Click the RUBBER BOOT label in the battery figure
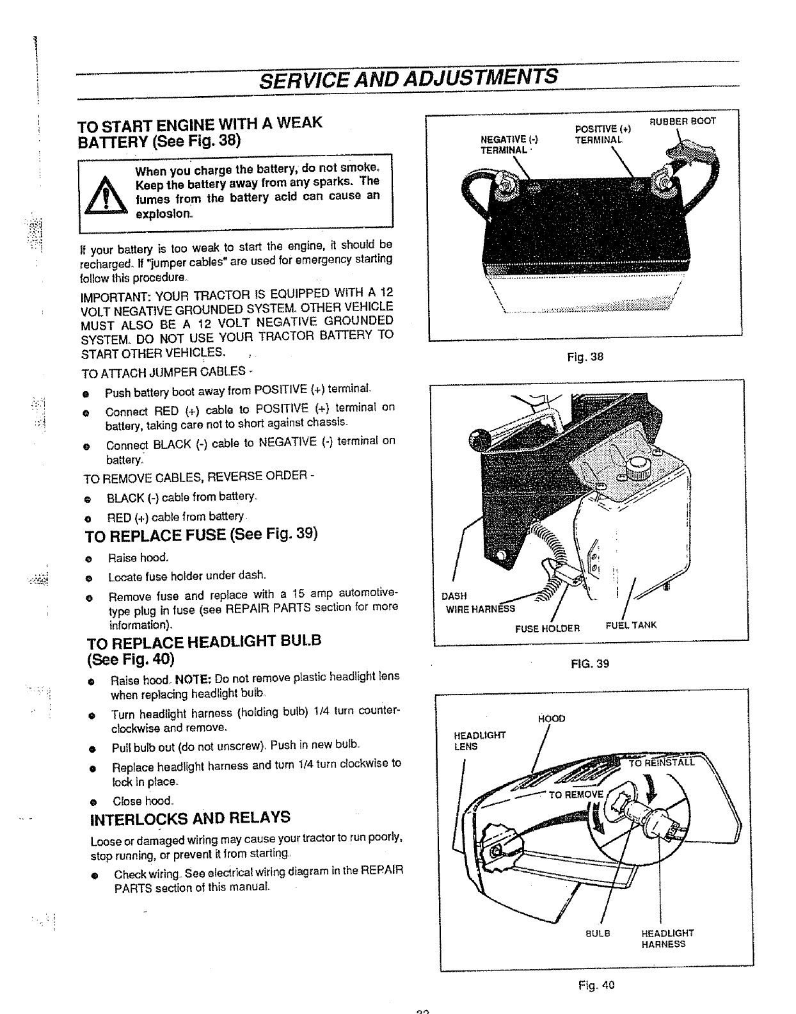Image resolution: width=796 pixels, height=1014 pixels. pos(683,121)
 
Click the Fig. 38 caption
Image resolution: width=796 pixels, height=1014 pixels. pos(585,357)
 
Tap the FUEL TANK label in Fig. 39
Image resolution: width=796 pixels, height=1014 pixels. pos(631,625)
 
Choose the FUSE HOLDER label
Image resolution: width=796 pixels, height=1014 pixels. pos(547,628)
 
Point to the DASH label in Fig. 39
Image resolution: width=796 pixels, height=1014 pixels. pos(454,596)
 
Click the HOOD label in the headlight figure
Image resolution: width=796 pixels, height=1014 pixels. pos(552,718)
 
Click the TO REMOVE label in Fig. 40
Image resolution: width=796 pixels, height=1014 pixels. pos(577,794)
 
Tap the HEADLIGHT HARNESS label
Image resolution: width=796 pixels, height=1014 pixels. pos(667,938)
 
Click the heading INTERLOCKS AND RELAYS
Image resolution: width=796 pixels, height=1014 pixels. pos(191,818)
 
